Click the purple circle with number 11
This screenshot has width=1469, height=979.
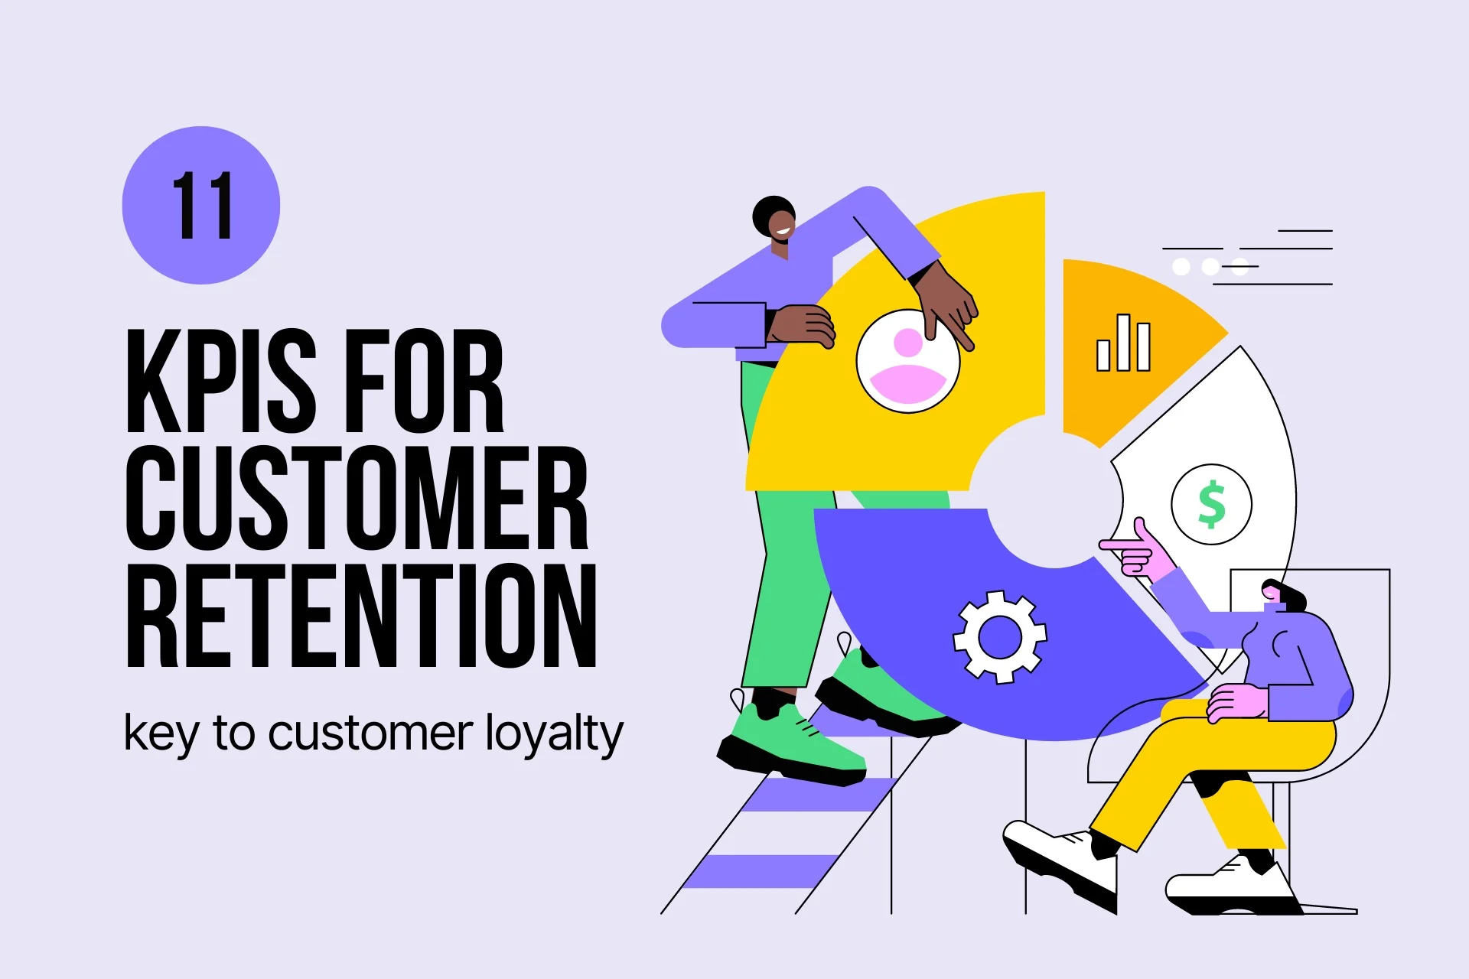click(201, 205)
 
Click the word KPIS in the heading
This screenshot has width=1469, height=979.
click(220, 381)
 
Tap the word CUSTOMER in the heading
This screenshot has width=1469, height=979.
click(357, 498)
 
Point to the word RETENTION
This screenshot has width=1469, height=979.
click(361, 616)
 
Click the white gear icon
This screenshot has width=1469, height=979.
click(999, 636)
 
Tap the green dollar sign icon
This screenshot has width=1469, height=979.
click(1211, 504)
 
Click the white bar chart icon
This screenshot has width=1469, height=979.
click(1123, 343)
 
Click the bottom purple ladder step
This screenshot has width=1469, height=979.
click(757, 871)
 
